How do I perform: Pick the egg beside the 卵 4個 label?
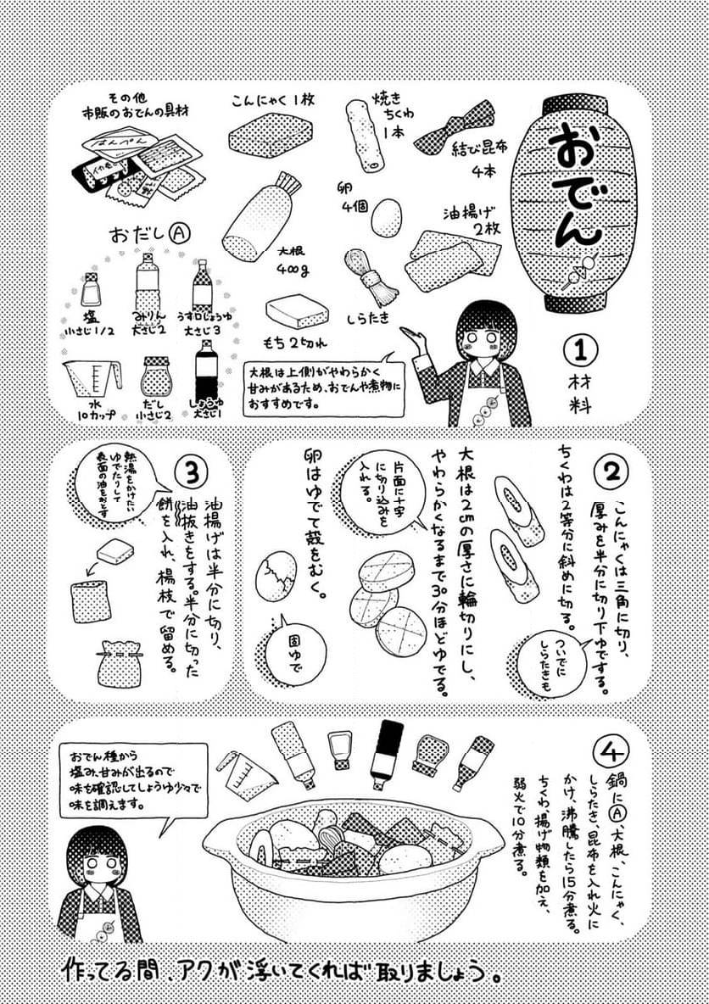tap(387, 217)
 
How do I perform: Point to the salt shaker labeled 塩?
tap(90, 288)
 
